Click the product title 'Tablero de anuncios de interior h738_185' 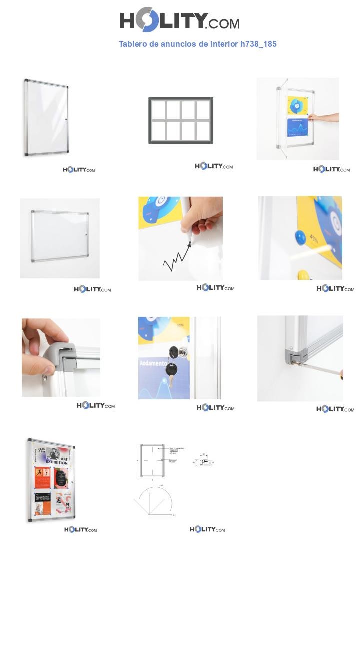(x=197, y=44)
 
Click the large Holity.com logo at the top (x=179, y=20)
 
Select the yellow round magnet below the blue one (x=303, y=274)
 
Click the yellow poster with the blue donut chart (x=297, y=105)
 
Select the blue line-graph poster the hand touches (x=297, y=127)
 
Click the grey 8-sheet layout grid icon (x=181, y=120)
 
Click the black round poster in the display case (x=61, y=477)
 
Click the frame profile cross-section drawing (x=204, y=462)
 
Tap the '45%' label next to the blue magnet (x=314, y=239)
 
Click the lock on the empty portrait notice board (x=66, y=119)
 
